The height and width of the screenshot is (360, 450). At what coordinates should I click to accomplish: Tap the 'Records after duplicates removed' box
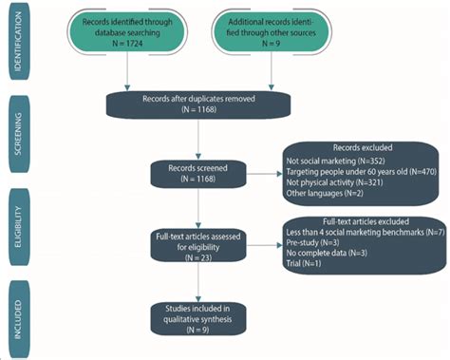197,105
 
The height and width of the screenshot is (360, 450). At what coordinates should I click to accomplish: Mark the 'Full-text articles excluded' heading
360,221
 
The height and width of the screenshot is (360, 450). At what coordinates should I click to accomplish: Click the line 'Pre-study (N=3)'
305,243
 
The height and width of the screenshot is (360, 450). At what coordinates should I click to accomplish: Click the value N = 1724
128,44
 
